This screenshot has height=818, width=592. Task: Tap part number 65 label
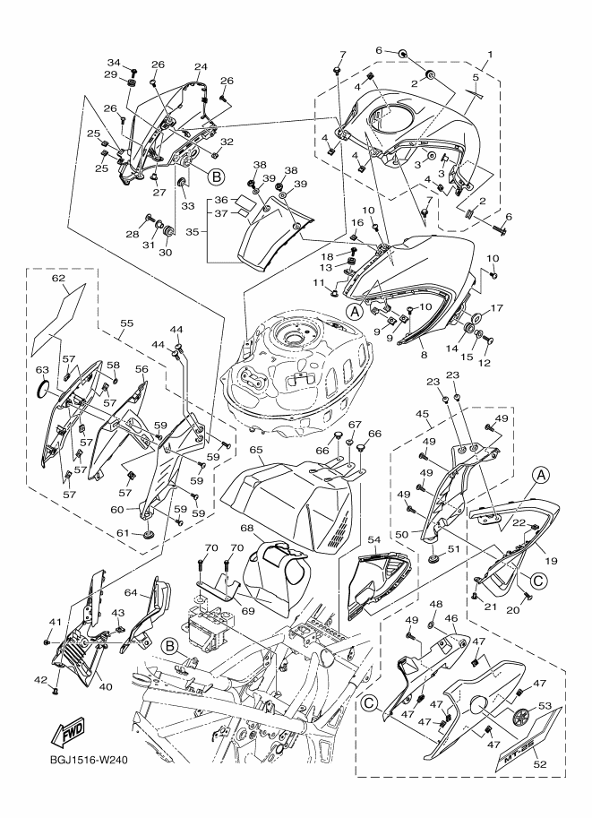256,450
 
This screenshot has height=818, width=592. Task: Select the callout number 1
490,55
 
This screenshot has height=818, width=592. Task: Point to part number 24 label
201,67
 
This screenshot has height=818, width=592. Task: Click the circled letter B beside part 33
216,177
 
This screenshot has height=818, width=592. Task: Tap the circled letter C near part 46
369,704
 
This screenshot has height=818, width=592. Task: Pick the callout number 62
58,278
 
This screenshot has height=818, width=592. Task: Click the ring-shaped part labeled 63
43,389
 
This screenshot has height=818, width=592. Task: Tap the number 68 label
246,528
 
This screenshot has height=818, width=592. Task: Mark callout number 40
106,686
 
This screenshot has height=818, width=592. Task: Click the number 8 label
424,355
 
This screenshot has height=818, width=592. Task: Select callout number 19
552,562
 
